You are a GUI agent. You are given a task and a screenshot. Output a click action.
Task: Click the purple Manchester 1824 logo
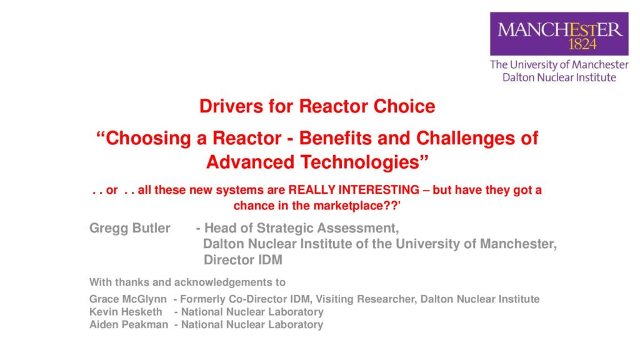[x=559, y=34]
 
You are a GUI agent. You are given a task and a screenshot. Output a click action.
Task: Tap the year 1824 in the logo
[x=582, y=44]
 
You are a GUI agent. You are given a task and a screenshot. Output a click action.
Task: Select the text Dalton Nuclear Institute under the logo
[x=559, y=77]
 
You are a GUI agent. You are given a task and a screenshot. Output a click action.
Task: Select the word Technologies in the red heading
[x=365, y=162]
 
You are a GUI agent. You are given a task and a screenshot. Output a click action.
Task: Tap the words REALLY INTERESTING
[x=354, y=190]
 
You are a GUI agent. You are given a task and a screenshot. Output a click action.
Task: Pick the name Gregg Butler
[x=130, y=228]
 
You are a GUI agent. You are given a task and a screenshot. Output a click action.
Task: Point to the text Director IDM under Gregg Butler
[x=243, y=259]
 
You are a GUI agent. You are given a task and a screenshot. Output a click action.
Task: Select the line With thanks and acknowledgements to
[x=187, y=282]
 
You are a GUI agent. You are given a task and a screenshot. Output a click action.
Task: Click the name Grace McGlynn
[x=127, y=299]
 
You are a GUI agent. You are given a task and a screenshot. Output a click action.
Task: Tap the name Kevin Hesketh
[x=126, y=312]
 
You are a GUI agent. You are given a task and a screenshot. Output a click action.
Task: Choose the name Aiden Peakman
[x=129, y=324]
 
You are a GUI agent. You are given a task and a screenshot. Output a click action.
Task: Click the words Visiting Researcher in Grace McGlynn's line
[x=366, y=299]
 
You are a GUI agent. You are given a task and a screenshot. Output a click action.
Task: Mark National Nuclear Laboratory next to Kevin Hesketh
[x=252, y=312]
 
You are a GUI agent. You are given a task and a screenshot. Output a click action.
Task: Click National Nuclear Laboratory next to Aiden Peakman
[x=252, y=324]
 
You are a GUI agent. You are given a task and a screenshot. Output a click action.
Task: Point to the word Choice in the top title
[x=404, y=106]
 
